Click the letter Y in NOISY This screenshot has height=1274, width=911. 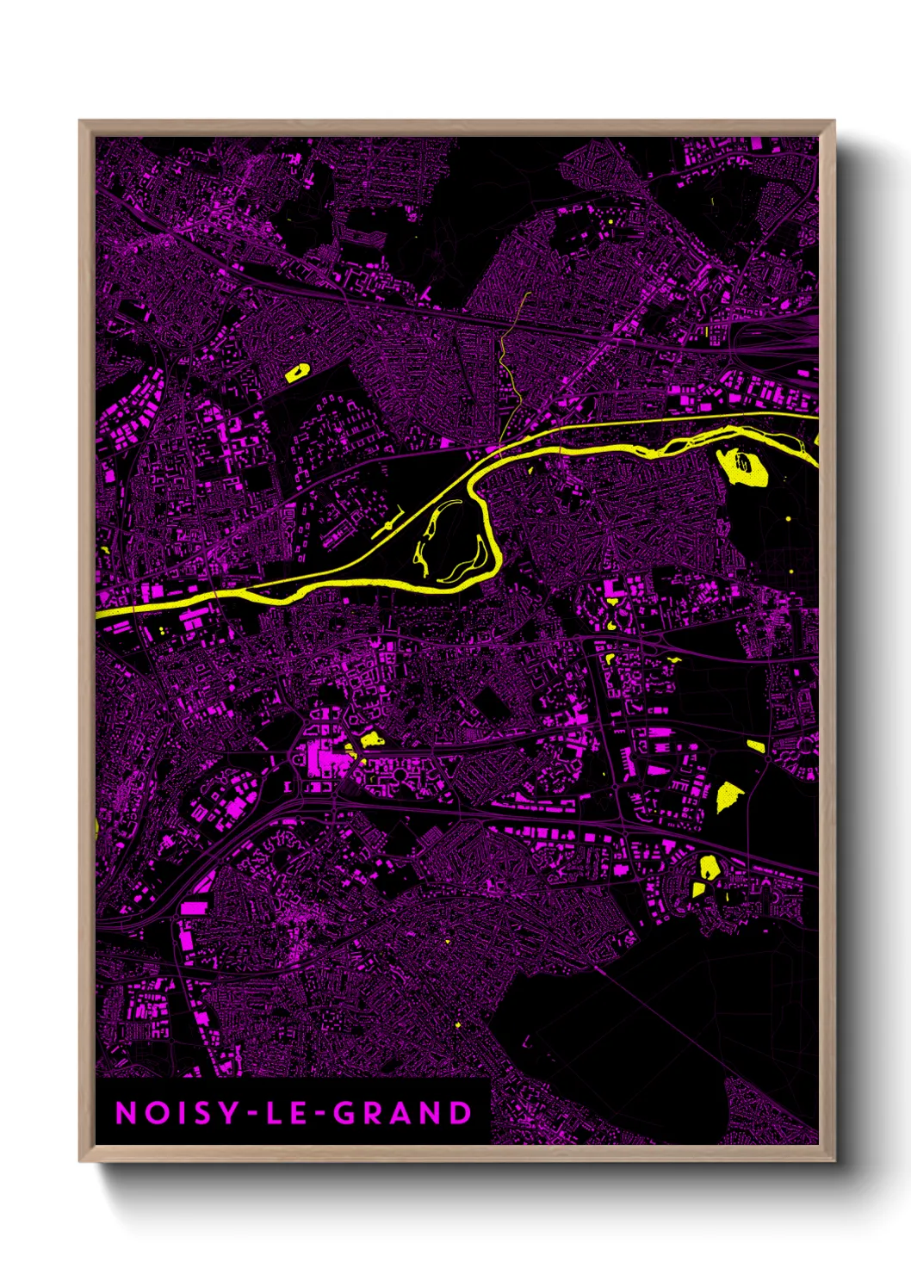(x=227, y=1113)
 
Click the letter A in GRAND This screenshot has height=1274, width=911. (x=403, y=1113)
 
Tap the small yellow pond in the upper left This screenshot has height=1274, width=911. (x=297, y=372)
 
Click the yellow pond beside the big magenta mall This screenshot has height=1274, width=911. (x=371, y=738)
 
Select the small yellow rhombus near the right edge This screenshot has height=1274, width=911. (x=756, y=745)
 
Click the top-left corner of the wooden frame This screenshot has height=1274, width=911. (x=80, y=121)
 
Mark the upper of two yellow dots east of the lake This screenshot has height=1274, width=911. (x=788, y=518)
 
